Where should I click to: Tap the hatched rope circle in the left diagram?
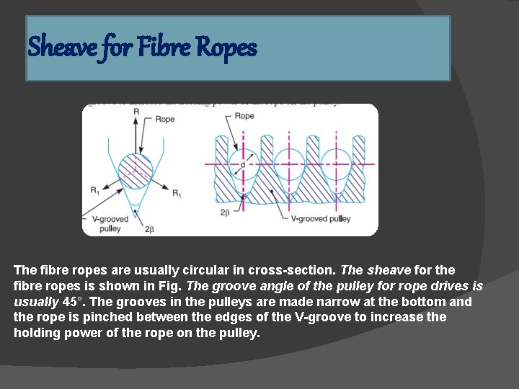pos(136,171)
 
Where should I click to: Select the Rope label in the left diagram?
pos(165,119)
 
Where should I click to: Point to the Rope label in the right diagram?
pos(244,115)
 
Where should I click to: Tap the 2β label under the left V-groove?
pos(149,228)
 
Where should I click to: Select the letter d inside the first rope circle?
pos(243,165)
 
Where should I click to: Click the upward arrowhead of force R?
pos(136,123)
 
